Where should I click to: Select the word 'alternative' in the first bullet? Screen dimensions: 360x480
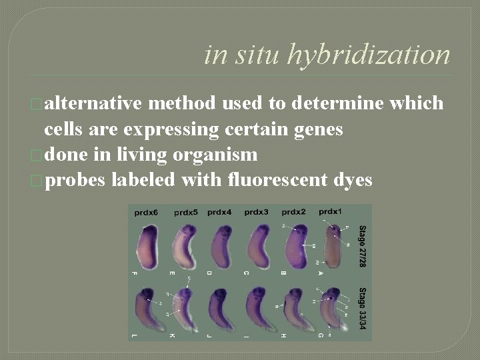click(93, 103)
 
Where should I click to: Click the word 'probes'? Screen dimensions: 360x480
click(75, 179)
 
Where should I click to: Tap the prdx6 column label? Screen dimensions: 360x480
click(146, 213)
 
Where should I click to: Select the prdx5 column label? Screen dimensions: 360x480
click(186, 213)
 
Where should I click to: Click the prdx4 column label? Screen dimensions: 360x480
click(219, 212)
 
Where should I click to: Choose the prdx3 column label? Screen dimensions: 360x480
click(256, 212)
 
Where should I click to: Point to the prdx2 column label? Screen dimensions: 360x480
click(293, 212)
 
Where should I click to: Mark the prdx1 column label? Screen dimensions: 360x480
click(331, 211)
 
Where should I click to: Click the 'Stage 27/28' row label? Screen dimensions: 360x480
click(363, 246)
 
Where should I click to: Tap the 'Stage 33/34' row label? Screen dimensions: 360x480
click(363, 308)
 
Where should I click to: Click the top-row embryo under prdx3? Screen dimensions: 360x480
click(257, 246)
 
